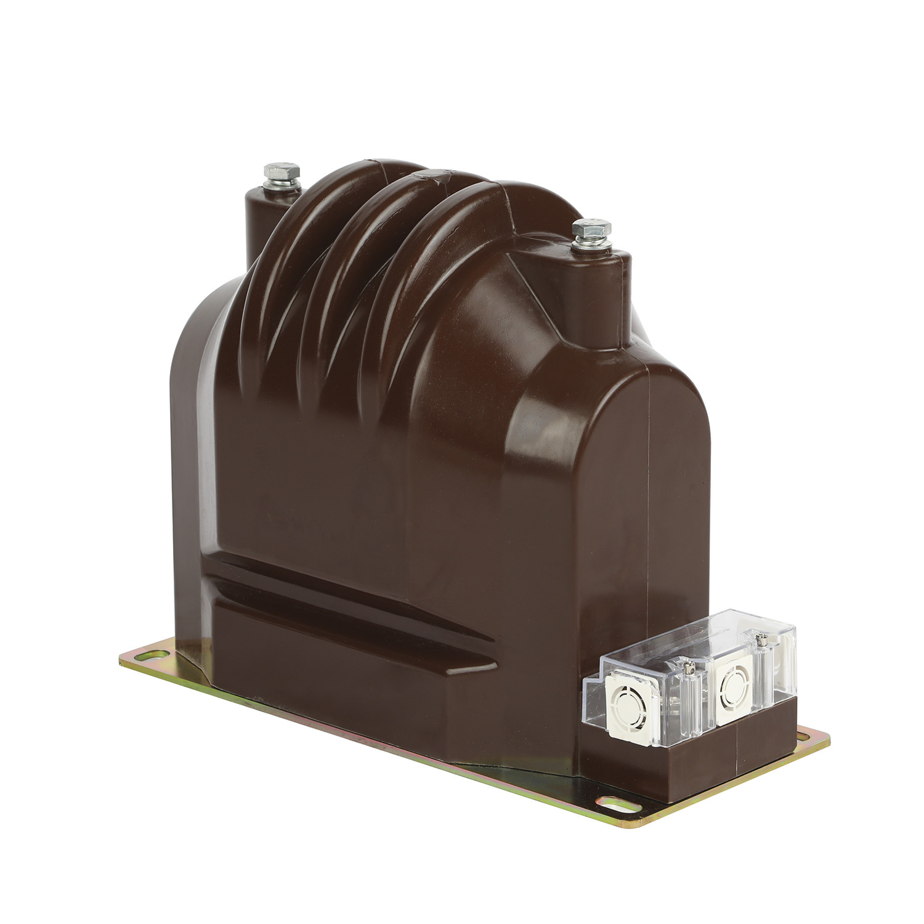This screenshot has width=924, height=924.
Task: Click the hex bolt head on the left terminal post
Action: tap(282, 171)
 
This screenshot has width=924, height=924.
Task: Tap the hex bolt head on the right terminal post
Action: tap(591, 229)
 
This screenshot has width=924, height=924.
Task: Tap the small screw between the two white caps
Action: tap(688, 665)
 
